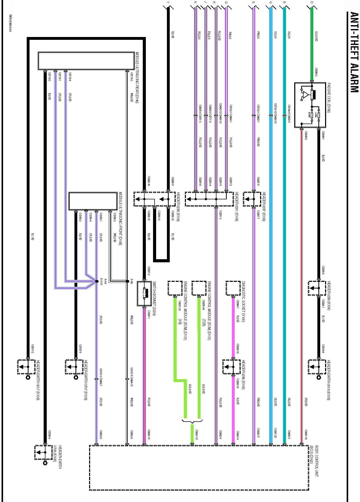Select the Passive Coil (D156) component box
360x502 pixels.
[310, 105]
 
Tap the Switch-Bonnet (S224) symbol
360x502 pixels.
[144, 293]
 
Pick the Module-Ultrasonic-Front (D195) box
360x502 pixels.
[93, 201]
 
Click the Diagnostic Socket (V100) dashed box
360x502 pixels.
[233, 288]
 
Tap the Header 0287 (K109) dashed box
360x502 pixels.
[252, 199]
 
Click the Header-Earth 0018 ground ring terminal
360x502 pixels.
[319, 377]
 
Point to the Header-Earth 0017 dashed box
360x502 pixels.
[26, 367]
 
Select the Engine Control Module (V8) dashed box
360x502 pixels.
[175, 288]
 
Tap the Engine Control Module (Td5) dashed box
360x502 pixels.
[199, 288]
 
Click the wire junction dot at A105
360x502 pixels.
[97, 281]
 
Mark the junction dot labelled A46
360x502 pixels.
[127, 281]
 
